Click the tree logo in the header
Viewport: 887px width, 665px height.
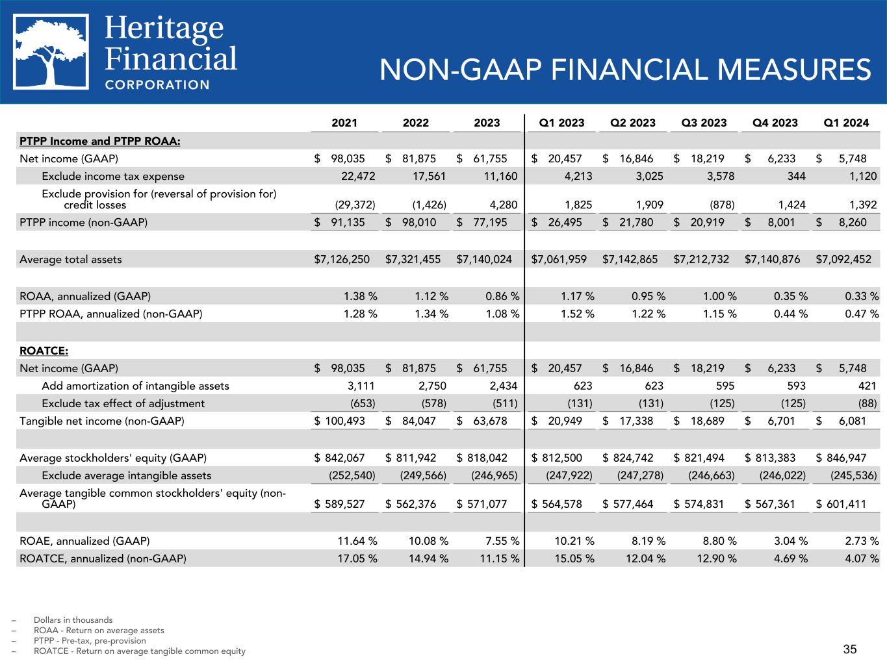tap(51, 51)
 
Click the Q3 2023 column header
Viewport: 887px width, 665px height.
tap(704, 123)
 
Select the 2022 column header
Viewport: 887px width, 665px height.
tap(416, 123)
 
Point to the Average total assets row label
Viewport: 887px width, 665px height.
tap(71, 259)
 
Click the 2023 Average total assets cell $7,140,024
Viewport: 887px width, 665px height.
tap(484, 259)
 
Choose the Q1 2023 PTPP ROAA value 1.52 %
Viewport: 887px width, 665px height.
tap(578, 314)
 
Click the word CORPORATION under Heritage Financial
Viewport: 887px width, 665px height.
tap(157, 84)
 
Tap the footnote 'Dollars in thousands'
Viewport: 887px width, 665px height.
tap(73, 620)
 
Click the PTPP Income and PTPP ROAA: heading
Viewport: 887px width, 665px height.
tap(100, 141)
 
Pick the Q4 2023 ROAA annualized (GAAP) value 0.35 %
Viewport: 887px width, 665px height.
tap(791, 296)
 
